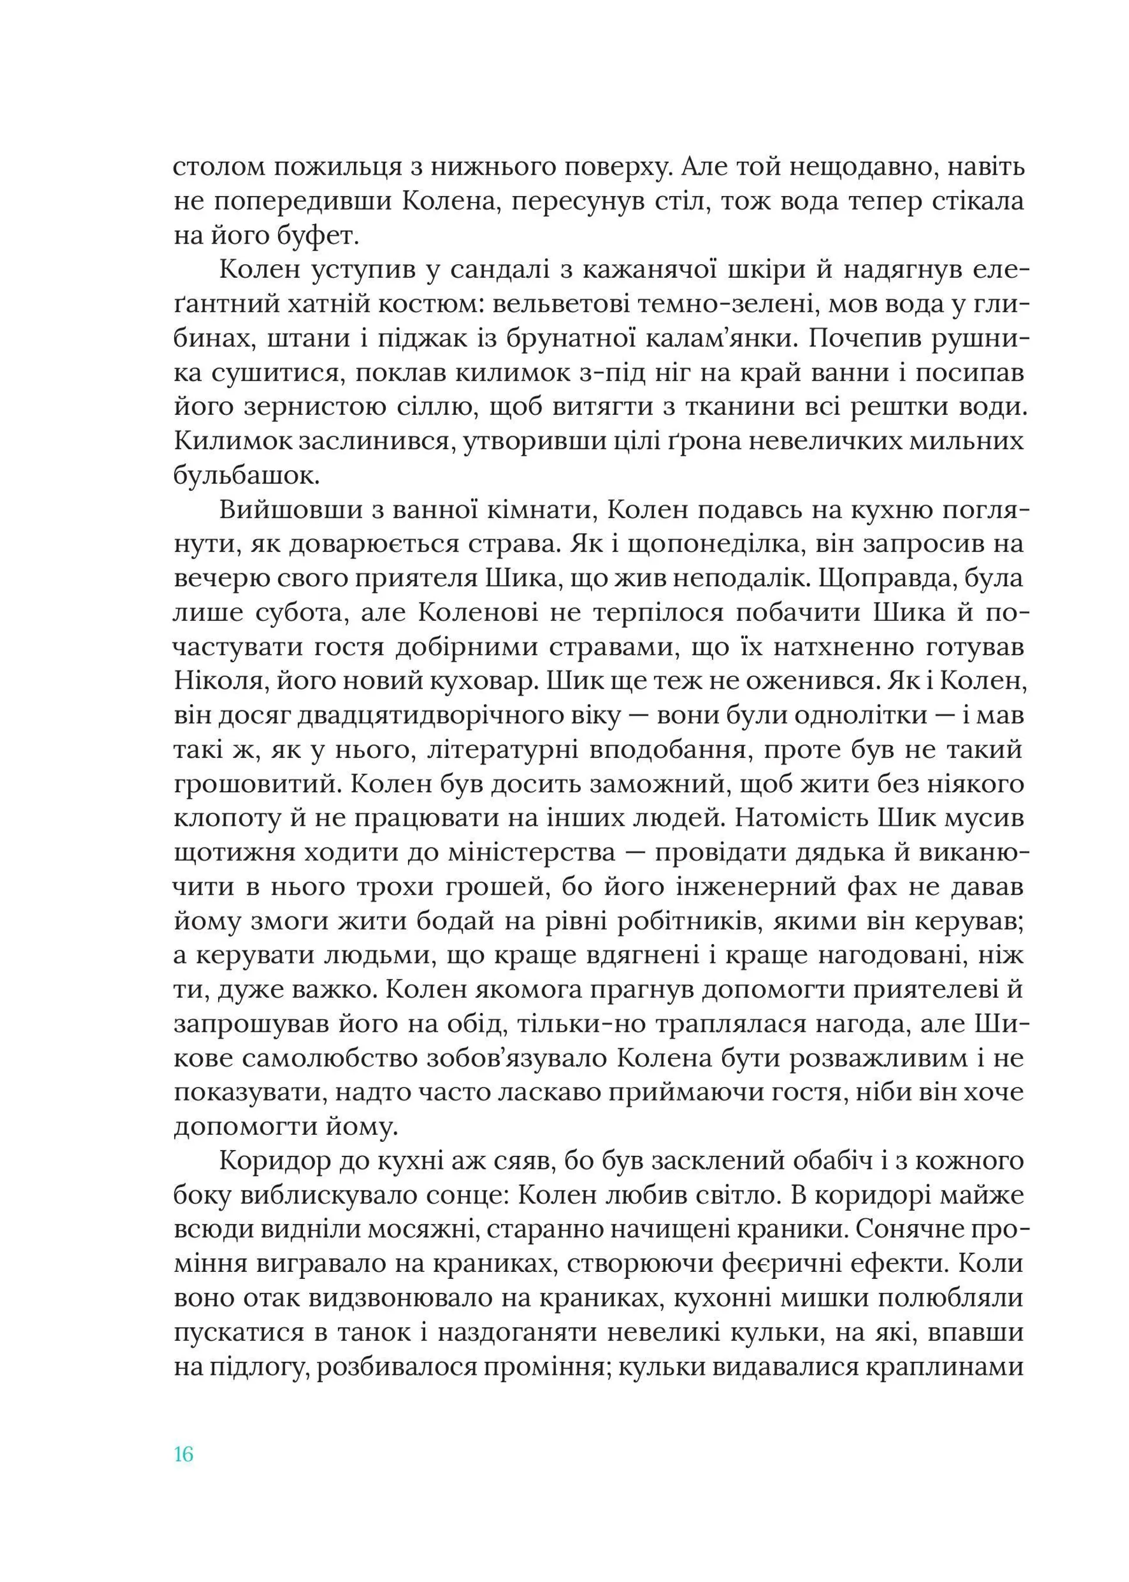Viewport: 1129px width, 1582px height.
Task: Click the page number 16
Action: [x=183, y=1455]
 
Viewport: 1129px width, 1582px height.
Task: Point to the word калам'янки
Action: [x=717, y=340]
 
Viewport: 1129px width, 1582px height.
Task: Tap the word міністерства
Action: [x=513, y=853]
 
